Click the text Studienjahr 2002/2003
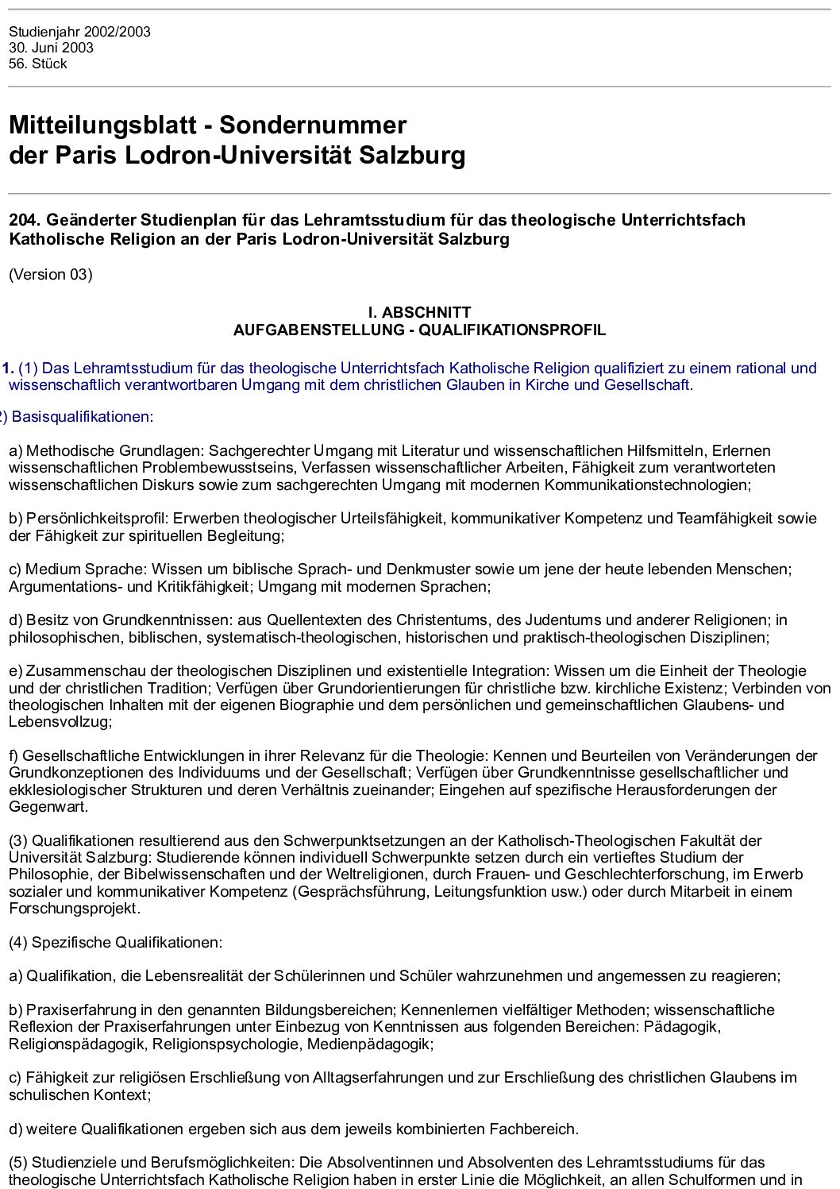point(79,32)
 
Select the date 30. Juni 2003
point(51,48)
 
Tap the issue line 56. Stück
point(38,64)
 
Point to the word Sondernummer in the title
point(313,125)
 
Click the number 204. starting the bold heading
point(24,220)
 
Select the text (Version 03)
point(51,275)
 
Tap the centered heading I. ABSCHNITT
point(419,312)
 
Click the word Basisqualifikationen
point(82,417)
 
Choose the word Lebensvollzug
point(59,722)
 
